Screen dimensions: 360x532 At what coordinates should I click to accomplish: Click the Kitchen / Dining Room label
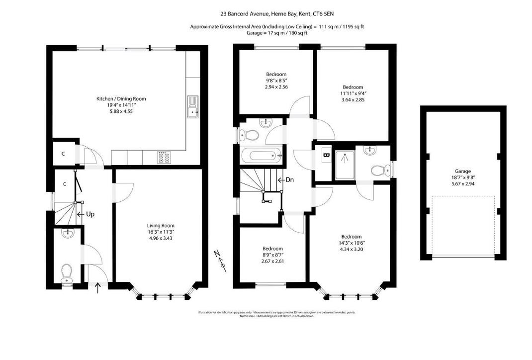121,99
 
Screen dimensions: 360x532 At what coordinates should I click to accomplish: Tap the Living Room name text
161,225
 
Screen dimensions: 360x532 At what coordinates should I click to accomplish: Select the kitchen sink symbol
192,107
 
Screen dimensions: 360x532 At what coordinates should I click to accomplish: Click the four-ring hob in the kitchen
164,158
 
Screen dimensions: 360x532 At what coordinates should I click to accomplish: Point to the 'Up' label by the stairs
90,214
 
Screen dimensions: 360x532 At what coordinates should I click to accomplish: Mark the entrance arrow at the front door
97,288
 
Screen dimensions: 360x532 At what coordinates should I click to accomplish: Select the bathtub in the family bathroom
261,157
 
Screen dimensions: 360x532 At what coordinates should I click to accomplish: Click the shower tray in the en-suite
344,164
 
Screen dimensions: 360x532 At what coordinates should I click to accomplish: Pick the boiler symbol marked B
326,155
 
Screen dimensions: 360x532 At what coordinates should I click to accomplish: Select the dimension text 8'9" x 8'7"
272,255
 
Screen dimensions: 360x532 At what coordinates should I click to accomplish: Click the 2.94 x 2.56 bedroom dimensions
276,87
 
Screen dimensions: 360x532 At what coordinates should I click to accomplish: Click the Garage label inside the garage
463,171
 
